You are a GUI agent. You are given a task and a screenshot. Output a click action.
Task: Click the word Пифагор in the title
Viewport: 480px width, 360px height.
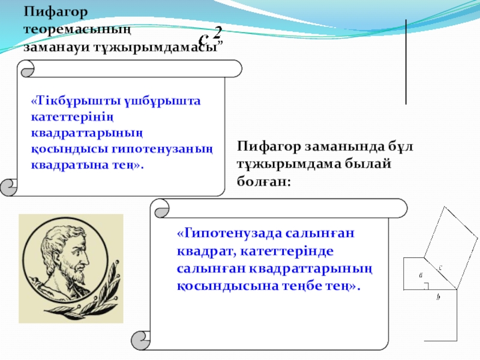pos(56,12)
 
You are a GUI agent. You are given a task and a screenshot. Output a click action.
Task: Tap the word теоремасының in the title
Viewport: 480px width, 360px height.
pos(77,29)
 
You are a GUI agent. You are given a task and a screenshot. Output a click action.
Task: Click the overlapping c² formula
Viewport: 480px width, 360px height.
pos(210,36)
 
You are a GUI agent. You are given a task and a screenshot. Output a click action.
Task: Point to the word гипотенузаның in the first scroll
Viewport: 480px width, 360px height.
pos(162,149)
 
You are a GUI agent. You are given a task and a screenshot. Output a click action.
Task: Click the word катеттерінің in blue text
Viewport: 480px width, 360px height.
pos(72,117)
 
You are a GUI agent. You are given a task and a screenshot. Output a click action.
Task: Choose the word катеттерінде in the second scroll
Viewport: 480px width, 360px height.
pos(287,251)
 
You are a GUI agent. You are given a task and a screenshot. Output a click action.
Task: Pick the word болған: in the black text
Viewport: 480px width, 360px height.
pos(263,182)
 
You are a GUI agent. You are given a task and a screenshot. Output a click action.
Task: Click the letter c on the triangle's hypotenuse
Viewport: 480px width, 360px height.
pos(440,267)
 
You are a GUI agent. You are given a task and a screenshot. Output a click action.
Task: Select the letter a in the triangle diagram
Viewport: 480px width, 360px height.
pos(421,275)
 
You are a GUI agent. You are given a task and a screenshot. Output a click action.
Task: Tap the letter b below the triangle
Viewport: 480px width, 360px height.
pos(439,296)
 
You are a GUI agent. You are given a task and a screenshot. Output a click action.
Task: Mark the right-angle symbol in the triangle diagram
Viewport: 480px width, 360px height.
pos(425,286)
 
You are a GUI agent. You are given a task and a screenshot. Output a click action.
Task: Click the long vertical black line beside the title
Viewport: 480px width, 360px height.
pos(406,62)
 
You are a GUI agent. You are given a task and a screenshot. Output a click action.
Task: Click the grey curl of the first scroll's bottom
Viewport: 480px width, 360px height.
pos(8,187)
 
